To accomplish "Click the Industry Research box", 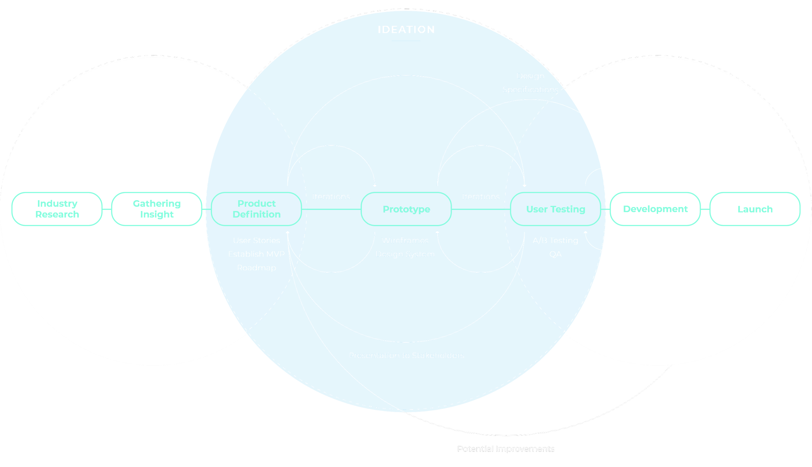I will click(57, 209).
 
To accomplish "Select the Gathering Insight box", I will click(157, 209).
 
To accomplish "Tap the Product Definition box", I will click(256, 209).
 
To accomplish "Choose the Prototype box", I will click(406, 209).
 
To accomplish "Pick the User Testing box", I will click(555, 209).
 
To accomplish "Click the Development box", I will click(655, 209).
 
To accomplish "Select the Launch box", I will click(755, 209).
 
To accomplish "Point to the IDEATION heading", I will click(406, 30).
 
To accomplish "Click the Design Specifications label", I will click(530, 83).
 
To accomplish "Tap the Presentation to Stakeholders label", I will click(406, 355).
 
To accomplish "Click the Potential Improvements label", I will click(506, 449).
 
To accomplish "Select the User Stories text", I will click(256, 240).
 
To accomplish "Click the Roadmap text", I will click(256, 268).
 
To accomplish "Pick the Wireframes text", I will click(405, 240).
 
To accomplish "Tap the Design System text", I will click(405, 254).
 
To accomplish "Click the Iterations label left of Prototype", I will click(331, 197).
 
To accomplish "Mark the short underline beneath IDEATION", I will click(406, 41).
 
